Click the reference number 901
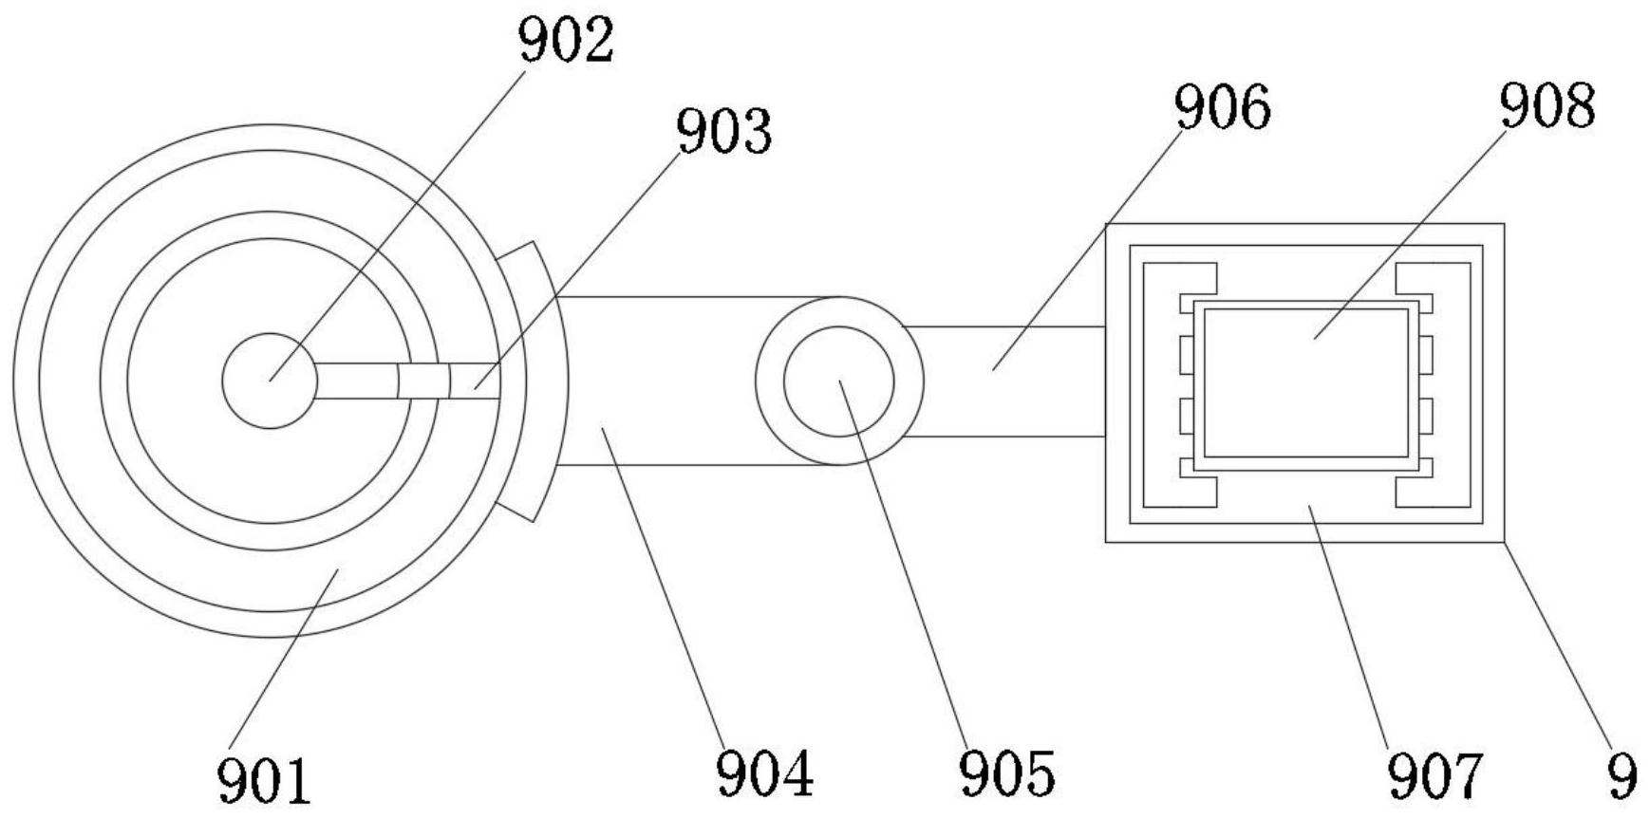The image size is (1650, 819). coord(264,779)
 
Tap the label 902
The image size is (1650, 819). coord(567,42)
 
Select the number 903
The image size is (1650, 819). coord(724,131)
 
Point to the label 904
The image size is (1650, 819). coord(765,773)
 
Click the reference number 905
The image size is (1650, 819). coord(1006,773)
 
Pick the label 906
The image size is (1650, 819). coord(1222,107)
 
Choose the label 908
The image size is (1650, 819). coord(1547,105)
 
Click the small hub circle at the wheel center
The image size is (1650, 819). coord(270,381)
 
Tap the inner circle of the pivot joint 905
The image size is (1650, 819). coord(839,381)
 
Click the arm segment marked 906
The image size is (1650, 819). coord(1006,381)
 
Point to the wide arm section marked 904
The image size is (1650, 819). coord(665,381)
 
